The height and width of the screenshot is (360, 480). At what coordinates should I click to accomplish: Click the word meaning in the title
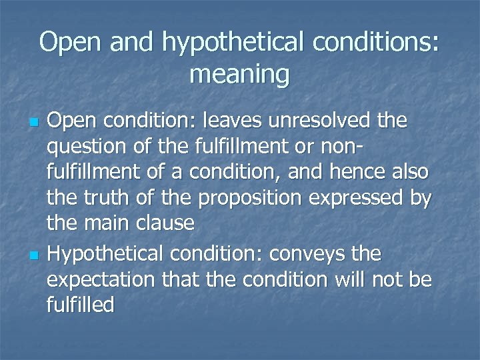click(239, 74)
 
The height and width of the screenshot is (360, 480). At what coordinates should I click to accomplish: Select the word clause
click(164, 223)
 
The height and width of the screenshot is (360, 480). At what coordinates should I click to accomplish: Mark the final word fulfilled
click(81, 305)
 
